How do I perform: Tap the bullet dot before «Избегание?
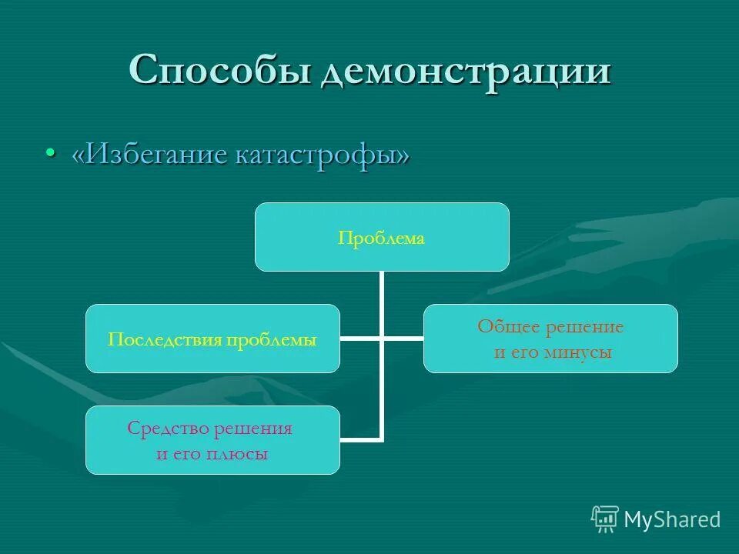(51, 153)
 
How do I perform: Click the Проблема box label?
(381, 239)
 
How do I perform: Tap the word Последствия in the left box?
(164, 339)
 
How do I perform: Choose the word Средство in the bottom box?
(164, 429)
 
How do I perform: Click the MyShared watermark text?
(672, 520)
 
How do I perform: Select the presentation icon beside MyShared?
(605, 519)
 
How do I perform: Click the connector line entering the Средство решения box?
(360, 440)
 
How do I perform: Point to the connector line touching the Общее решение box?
(403, 338)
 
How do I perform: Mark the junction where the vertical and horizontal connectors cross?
(381, 338)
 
